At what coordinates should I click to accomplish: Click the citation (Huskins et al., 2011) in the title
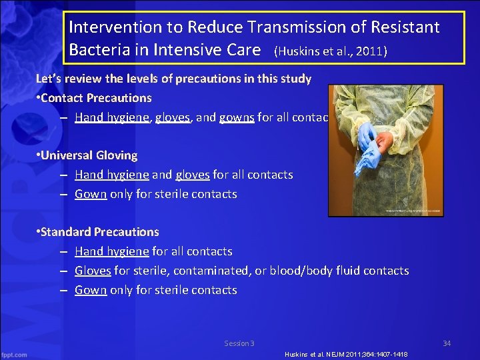pyautogui.click(x=330, y=51)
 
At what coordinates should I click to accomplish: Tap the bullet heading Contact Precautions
pyautogui.click(x=96, y=98)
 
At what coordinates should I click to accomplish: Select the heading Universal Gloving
pyautogui.click(x=89, y=155)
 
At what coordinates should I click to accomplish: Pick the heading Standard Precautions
pyautogui.click(x=99, y=232)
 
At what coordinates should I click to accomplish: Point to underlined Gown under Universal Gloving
pyautogui.click(x=91, y=194)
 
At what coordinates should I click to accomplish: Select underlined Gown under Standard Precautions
pyautogui.click(x=91, y=290)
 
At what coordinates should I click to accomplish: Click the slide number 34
pyautogui.click(x=447, y=343)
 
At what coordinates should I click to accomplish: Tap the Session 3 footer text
pyautogui.click(x=239, y=343)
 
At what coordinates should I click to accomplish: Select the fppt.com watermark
pyautogui.click(x=14, y=354)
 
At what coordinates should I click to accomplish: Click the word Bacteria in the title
pyautogui.click(x=101, y=50)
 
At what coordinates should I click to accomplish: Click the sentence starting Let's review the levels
pyautogui.click(x=173, y=79)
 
